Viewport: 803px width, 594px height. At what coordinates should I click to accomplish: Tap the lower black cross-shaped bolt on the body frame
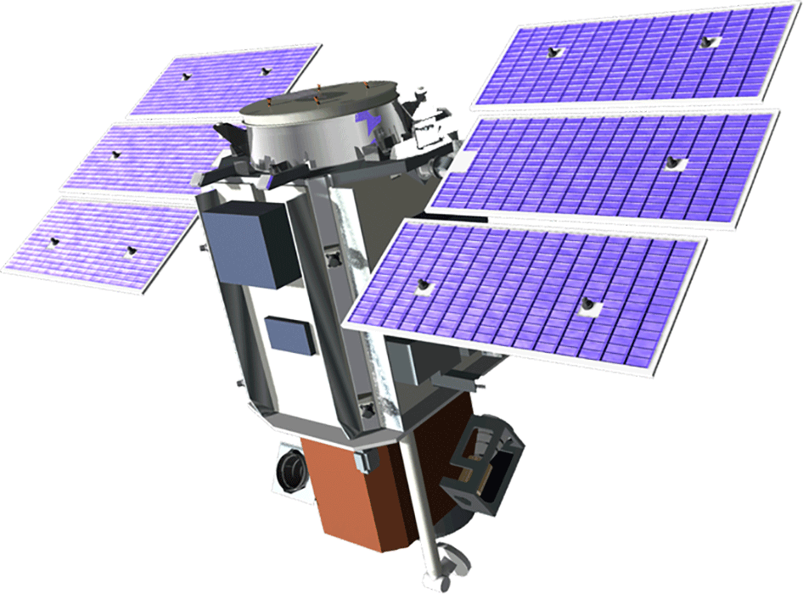[x=367, y=411]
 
